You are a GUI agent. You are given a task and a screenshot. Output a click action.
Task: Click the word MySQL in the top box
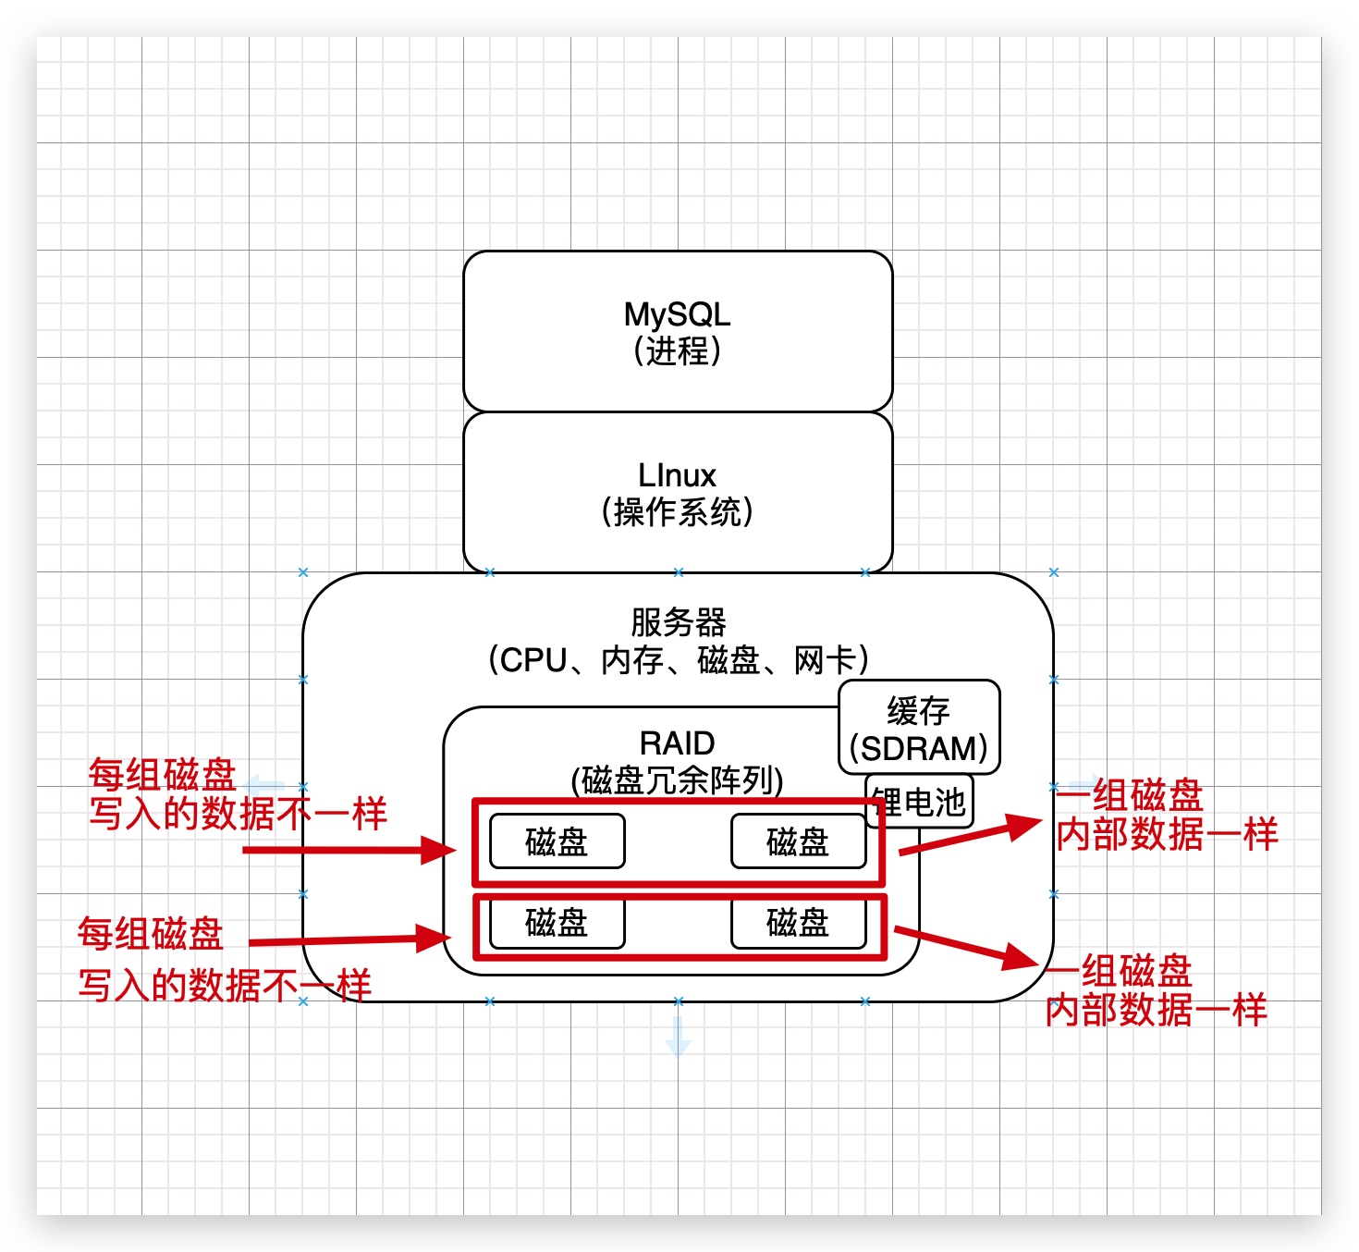[x=677, y=314]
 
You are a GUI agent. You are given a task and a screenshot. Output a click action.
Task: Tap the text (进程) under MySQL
[x=677, y=351]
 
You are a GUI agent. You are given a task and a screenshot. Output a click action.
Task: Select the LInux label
[x=677, y=475]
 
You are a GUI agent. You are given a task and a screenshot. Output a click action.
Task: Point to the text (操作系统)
[x=677, y=512]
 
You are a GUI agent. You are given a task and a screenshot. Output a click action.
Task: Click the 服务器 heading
[x=678, y=622]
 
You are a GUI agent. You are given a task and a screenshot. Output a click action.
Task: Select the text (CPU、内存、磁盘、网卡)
[x=678, y=660]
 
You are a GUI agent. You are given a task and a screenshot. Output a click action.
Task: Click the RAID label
[x=677, y=743]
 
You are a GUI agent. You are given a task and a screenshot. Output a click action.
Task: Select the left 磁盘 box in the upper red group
[x=557, y=841]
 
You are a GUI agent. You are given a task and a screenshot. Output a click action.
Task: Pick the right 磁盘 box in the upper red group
[x=798, y=841]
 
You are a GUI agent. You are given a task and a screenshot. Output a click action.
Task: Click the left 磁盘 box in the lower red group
[x=557, y=923]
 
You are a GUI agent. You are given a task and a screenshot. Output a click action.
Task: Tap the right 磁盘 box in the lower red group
[x=798, y=923]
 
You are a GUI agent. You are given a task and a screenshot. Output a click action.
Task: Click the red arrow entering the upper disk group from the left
[x=351, y=850]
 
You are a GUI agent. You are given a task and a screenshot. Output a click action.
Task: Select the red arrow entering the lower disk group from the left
[x=351, y=940]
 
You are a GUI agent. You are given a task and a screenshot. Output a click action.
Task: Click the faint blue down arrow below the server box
[x=678, y=1037]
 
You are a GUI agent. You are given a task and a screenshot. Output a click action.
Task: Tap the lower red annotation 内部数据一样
[x=1156, y=1011]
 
